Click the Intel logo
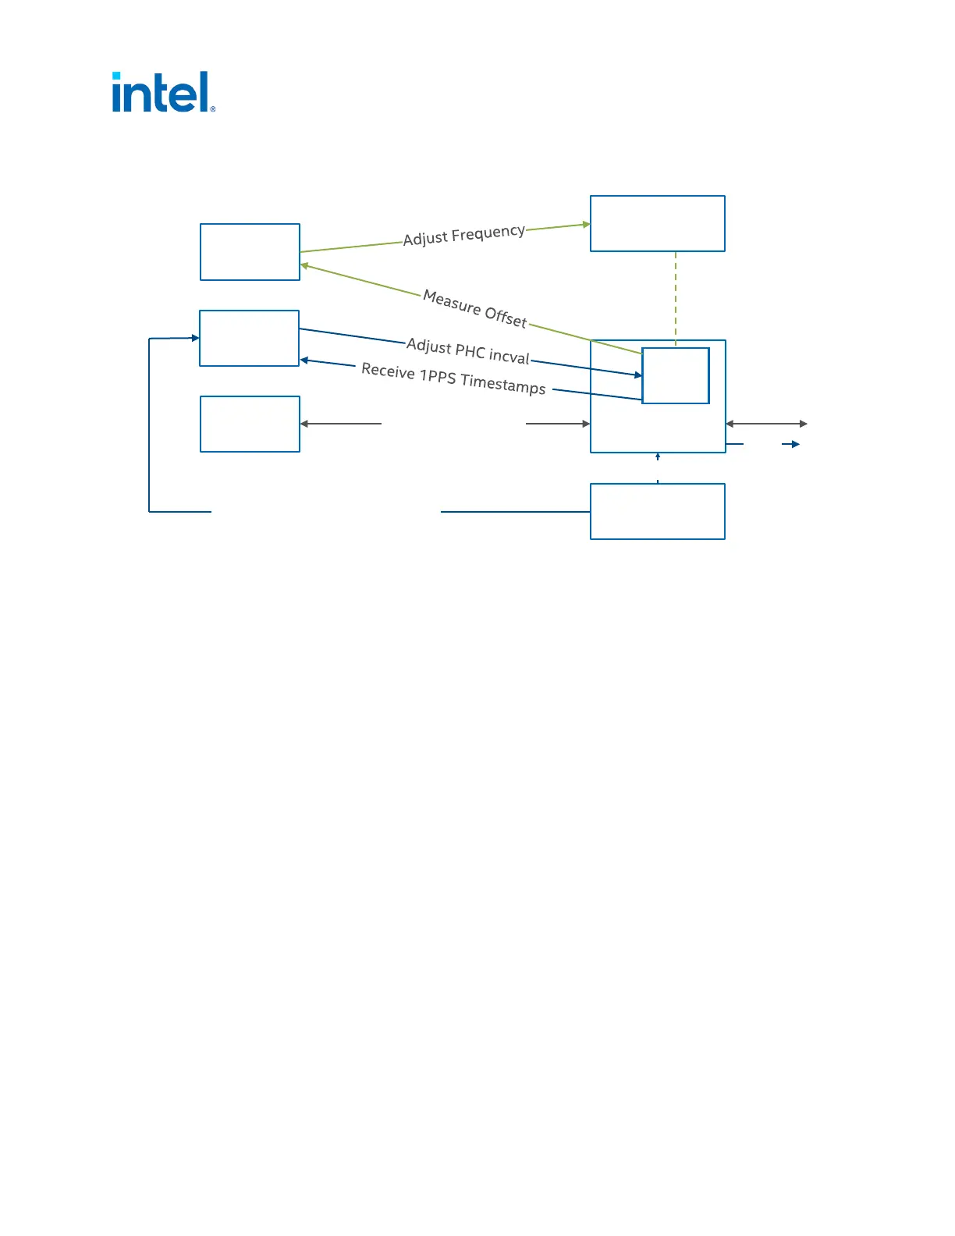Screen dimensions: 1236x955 click(162, 92)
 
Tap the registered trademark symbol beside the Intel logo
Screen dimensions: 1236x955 click(213, 109)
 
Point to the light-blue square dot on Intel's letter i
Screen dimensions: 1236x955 click(116, 76)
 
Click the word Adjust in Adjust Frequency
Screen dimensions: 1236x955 click(425, 238)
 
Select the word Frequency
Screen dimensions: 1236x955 click(488, 232)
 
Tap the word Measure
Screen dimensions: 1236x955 click(452, 302)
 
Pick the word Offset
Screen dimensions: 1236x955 click(506, 317)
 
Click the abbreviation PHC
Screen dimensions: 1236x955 click(470, 351)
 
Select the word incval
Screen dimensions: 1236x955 click(509, 357)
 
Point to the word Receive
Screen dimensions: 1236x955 click(388, 371)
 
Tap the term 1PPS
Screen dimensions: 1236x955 click(438, 378)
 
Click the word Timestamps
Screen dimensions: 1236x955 click(502, 385)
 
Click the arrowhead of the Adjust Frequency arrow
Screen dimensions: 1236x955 click(586, 225)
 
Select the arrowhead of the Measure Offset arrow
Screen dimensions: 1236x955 click(305, 266)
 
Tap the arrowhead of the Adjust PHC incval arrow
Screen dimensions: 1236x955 click(638, 375)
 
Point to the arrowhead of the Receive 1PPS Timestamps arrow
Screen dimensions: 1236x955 click(304, 360)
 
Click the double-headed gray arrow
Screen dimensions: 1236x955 click(766, 424)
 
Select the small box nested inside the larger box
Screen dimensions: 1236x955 click(676, 375)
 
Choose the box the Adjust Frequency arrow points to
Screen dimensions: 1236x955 click(658, 224)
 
